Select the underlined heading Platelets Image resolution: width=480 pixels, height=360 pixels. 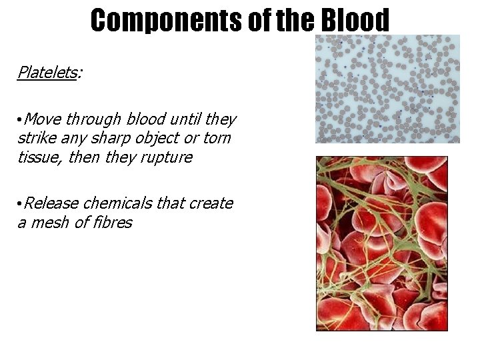pyautogui.click(x=47, y=72)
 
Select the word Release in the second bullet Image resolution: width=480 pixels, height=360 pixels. pyautogui.click(x=51, y=203)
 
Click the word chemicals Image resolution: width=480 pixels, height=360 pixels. pyautogui.click(x=117, y=203)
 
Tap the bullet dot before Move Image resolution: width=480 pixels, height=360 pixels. pyautogui.click(x=20, y=120)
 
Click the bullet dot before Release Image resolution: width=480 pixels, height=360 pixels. pyautogui.click(x=20, y=203)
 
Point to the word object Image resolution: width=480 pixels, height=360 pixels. pyautogui.click(x=164, y=138)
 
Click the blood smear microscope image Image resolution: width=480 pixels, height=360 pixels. pyautogui.click(x=387, y=89)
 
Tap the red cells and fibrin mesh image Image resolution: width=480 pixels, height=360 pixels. pyautogui.click(x=381, y=243)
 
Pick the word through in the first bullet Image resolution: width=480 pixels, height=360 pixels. pyautogui.click(x=93, y=119)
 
